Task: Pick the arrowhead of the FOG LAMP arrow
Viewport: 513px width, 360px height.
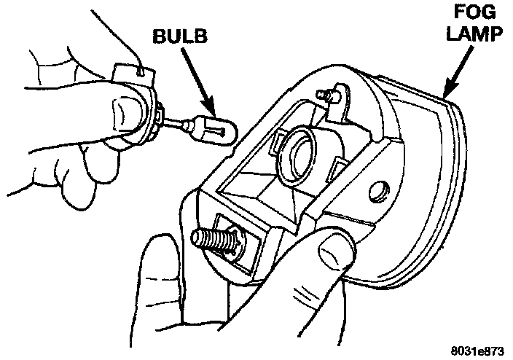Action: click(x=447, y=95)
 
